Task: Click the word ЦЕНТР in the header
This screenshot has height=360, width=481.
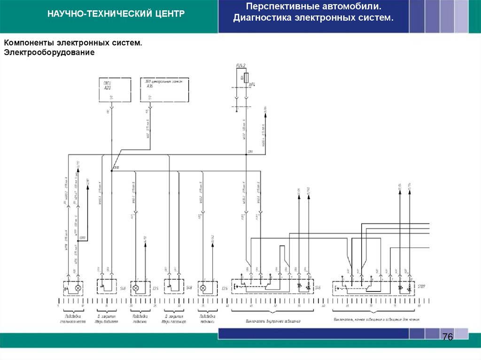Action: (x=168, y=14)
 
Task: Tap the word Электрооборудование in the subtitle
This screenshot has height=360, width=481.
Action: (x=50, y=53)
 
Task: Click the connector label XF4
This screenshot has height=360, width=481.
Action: (x=252, y=85)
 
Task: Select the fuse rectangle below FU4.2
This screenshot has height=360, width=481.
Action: (x=246, y=77)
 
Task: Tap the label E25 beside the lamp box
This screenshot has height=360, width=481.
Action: (x=155, y=288)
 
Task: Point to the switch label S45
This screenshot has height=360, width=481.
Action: (x=318, y=287)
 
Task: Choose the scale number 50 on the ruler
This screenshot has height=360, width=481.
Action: (x=275, y=306)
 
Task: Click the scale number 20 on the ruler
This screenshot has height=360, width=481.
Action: (x=131, y=306)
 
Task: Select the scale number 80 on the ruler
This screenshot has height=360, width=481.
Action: (x=419, y=306)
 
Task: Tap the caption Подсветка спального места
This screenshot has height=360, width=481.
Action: (x=73, y=319)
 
